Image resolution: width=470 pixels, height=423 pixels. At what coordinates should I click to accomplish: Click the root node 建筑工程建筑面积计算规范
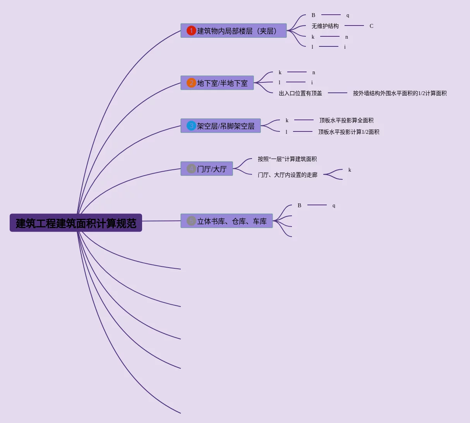76,223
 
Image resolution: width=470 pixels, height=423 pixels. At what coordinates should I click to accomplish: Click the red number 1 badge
191,31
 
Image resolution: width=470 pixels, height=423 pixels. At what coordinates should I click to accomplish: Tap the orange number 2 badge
191,83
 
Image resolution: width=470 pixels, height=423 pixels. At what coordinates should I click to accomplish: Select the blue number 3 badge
191,126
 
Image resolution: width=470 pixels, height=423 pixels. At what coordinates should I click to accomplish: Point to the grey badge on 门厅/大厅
191,169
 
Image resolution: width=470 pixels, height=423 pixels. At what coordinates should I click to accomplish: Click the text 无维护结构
325,26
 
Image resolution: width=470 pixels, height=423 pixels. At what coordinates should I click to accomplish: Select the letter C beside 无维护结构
371,26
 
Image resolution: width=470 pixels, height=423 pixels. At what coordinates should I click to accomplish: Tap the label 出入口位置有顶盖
300,93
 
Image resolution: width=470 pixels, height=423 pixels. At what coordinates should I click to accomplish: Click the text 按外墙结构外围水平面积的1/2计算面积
400,93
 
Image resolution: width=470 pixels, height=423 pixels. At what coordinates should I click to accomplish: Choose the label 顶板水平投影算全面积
346,120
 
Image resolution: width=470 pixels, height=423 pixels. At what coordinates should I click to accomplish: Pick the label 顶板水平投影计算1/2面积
348,132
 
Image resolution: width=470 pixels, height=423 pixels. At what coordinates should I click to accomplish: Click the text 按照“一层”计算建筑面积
287,159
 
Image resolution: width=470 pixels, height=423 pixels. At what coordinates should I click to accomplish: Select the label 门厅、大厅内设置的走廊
288,175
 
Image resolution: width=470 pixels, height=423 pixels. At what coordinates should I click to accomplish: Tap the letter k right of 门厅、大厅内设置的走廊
350,170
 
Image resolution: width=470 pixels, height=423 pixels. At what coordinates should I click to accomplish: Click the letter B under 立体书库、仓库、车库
299,205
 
